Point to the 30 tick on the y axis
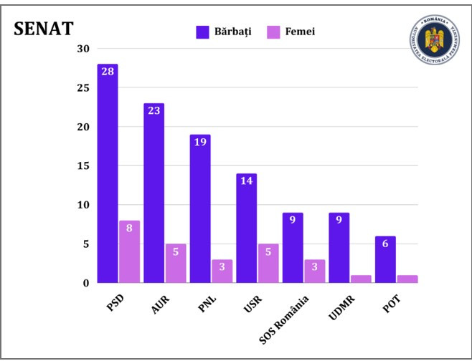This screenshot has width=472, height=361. click(83, 49)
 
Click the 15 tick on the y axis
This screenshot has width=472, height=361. click(83, 166)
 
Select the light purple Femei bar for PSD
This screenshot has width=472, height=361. click(129, 251)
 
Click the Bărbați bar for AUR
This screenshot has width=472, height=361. click(154, 193)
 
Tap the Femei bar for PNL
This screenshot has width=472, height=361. click(222, 271)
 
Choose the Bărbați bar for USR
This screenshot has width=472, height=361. click(246, 228)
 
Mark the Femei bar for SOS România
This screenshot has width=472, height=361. click(314, 271)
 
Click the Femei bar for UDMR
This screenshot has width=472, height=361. click(361, 279)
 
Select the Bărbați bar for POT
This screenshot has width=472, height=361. click(384, 259)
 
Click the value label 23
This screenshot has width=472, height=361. click(154, 111)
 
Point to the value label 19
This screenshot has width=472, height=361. click(200, 142)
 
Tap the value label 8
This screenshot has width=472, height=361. click(129, 228)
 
